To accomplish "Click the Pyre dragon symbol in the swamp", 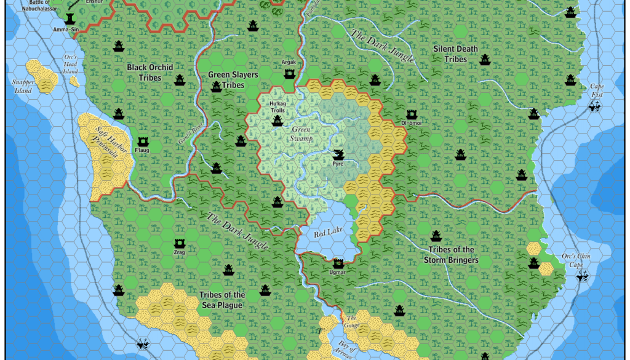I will [338, 154].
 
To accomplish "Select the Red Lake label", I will [327, 234].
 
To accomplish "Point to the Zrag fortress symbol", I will [180, 243].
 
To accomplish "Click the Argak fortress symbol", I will [289, 73].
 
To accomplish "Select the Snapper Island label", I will [23, 86].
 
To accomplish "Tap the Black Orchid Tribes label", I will [150, 72].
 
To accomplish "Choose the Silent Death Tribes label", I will [455, 54].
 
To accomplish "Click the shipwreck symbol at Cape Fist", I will [595, 106].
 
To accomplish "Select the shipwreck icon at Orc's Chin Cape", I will [582, 276].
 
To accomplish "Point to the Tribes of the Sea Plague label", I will [222, 300].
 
